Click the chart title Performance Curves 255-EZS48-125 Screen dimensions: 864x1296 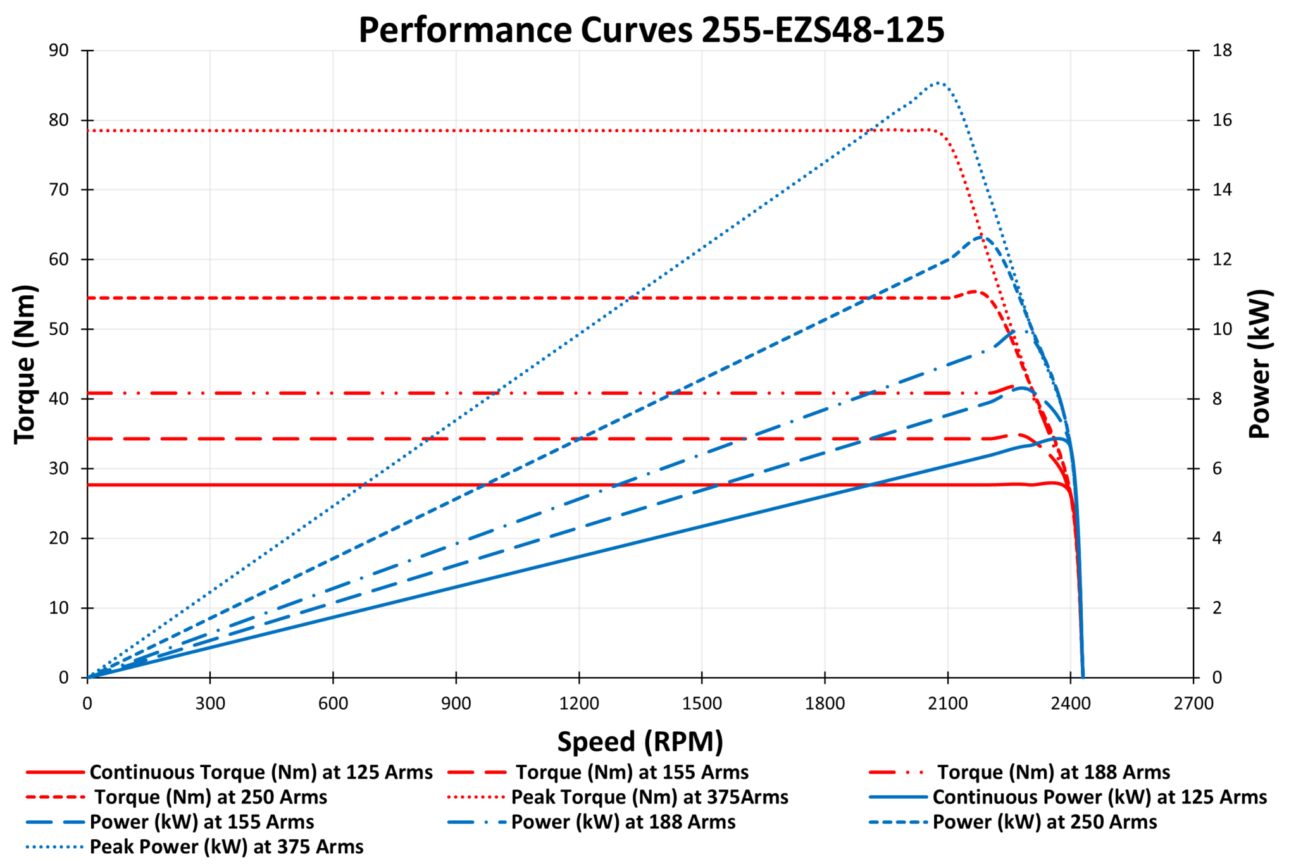[x=651, y=30]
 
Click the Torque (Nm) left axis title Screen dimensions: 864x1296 [x=25, y=364]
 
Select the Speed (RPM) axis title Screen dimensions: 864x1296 [x=640, y=741]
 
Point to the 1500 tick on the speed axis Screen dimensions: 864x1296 [x=702, y=703]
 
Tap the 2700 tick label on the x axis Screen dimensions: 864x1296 [x=1193, y=703]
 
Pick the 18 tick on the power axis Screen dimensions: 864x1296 [x=1222, y=51]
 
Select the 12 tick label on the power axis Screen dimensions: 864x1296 [x=1222, y=259]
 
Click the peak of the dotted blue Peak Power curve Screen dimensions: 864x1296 [x=938, y=82]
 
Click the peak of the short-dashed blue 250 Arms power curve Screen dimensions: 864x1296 [x=982, y=237]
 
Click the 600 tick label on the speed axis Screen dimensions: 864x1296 [x=333, y=703]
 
